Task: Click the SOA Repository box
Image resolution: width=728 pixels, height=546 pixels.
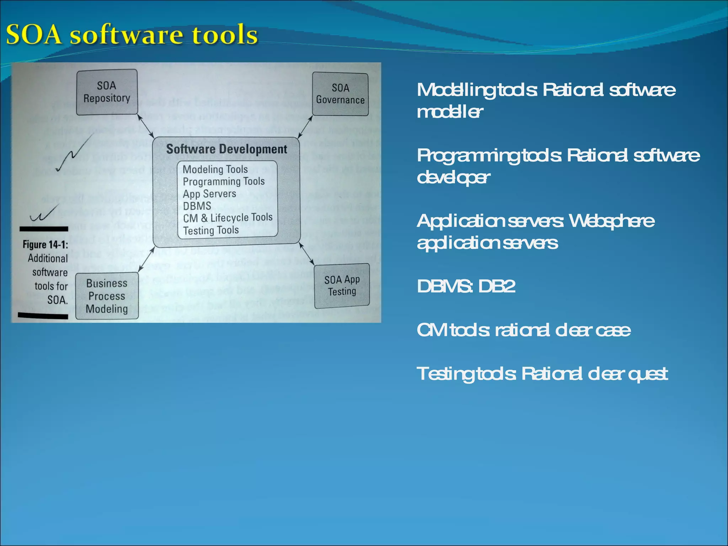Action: pos(107,92)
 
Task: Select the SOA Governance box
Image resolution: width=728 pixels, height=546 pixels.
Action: pos(340,94)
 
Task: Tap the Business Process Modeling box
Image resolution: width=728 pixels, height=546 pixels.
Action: pos(107,296)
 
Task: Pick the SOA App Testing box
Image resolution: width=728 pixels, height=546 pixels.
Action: pos(342,286)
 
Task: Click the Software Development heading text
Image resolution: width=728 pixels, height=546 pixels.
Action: pos(226,149)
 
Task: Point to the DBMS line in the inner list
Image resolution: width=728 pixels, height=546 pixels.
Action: pos(197,206)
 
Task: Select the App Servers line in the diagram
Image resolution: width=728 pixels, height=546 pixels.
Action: pos(209,194)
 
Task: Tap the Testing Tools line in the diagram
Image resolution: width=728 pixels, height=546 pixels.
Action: pos(211,230)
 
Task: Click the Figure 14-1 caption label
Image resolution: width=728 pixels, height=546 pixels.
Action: pos(45,245)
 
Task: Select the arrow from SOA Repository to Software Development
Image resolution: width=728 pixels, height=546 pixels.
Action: pos(145,126)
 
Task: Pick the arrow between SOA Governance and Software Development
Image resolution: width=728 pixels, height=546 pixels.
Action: pos(305,127)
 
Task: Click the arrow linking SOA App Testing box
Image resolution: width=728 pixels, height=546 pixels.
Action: pos(306,254)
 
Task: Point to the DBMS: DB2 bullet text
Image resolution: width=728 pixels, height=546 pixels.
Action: pos(466,286)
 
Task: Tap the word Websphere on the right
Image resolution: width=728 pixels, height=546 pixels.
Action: pos(611,221)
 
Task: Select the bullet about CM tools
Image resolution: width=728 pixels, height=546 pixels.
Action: pos(523,330)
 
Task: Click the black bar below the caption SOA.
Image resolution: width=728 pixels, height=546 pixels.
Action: pos(43,316)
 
